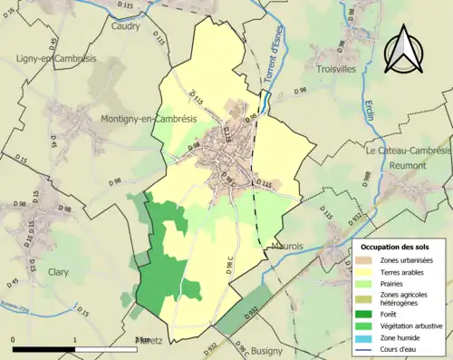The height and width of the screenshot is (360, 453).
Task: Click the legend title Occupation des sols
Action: [400, 247]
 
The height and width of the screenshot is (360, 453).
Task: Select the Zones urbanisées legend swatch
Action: [367, 260]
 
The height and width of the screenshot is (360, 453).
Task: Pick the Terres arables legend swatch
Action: [367, 272]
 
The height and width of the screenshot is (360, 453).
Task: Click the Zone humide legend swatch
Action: [367, 337]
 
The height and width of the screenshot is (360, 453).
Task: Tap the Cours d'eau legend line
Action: [367, 349]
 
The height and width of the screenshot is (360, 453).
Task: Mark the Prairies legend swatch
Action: [367, 283]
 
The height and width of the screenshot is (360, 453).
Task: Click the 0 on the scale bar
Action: [14, 339]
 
